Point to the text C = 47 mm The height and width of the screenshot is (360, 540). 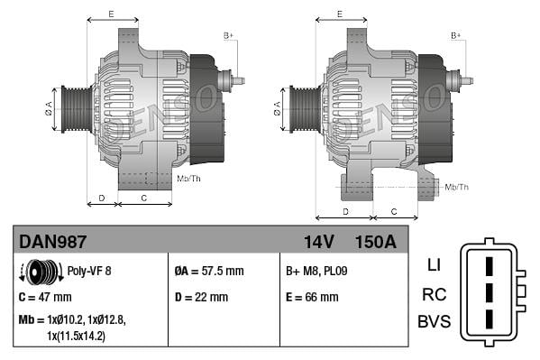click(x=45, y=297)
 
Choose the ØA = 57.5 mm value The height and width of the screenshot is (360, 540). click(x=208, y=271)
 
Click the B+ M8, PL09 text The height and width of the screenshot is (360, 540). click(x=317, y=271)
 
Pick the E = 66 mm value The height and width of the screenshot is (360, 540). click(x=312, y=297)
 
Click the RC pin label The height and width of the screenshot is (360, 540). click(x=433, y=294)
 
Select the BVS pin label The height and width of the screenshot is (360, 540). click(x=433, y=322)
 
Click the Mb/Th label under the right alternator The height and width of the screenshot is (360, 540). click(x=456, y=187)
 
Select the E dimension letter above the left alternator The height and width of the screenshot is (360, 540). click(x=111, y=14)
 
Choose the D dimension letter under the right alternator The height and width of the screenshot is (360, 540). click(x=346, y=211)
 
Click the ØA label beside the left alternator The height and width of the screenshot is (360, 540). click(x=49, y=110)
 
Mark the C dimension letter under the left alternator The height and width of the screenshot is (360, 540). click(x=144, y=196)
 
